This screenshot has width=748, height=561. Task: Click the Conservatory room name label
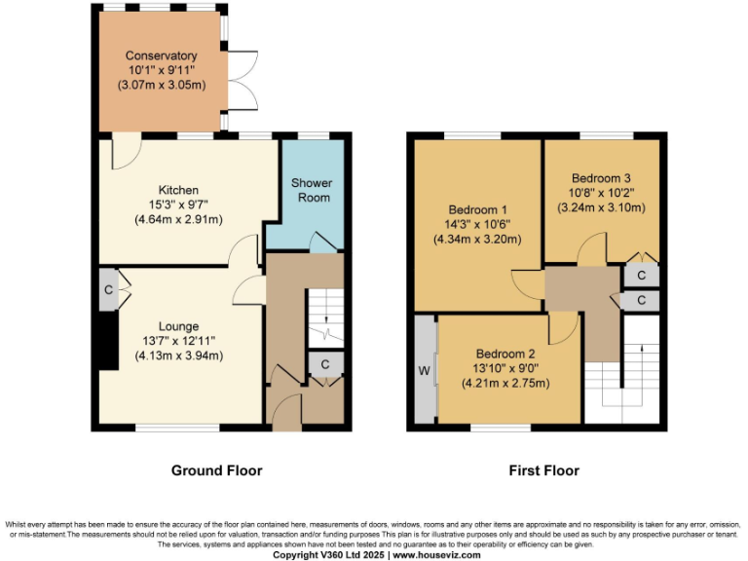[160, 56]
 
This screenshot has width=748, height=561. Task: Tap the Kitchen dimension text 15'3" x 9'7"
[179, 205]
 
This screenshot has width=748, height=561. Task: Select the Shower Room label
[312, 190]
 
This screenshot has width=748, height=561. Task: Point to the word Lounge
[179, 326]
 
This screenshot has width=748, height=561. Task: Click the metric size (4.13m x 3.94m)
[179, 355]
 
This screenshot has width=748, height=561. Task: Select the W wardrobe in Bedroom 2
[424, 369]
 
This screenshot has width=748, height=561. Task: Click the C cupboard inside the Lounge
[108, 289]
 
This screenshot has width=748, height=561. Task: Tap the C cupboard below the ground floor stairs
[324, 364]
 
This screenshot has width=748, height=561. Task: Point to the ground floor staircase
[320, 318]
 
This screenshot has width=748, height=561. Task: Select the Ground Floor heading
[216, 470]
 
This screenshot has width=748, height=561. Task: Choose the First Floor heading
[543, 470]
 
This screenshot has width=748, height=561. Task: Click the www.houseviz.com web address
[437, 554]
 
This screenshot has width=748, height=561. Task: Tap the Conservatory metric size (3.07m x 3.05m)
[160, 86]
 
